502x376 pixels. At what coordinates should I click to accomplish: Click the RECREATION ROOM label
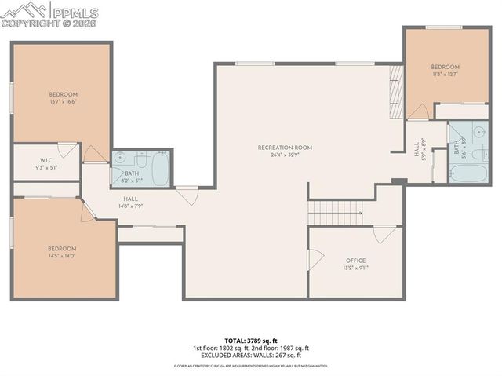tap(285, 148)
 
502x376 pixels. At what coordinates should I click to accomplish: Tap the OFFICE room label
tap(356, 261)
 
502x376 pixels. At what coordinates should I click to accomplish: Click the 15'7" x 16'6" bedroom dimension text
tap(62, 102)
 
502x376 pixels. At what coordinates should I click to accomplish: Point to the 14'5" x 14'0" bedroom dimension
tap(62, 257)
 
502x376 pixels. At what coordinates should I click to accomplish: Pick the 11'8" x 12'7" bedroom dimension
tap(445, 75)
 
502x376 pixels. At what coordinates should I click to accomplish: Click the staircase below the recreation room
tap(336, 211)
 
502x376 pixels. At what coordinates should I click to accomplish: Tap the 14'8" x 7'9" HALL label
tap(130, 203)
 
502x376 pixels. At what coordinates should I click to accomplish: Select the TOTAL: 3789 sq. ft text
tap(251, 341)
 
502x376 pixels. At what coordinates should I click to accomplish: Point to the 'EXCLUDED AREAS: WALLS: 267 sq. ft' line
tap(251, 355)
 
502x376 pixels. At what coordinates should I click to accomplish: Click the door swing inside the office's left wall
tap(315, 258)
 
